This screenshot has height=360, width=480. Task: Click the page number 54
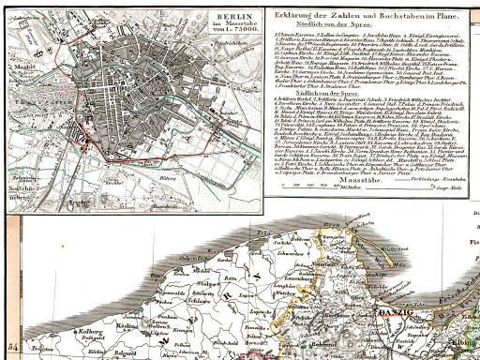[x=12, y=348]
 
